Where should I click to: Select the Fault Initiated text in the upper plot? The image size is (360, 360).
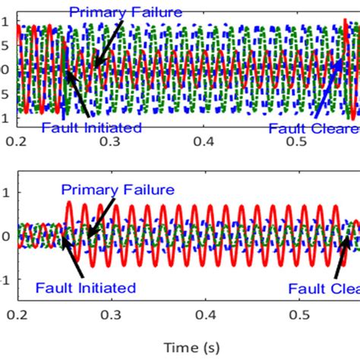tap(91, 128)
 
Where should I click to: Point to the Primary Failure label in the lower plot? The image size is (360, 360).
tap(118, 190)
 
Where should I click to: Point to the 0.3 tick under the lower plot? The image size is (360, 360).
tap(112, 314)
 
